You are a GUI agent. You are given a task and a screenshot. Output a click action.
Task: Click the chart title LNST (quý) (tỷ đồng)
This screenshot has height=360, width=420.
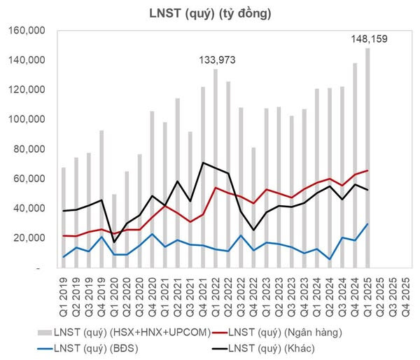pyautogui.click(x=209, y=13)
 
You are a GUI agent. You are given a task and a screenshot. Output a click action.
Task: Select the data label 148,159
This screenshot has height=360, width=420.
pyautogui.click(x=367, y=39)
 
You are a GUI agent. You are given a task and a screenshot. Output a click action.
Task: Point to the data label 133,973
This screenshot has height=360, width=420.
pyautogui.click(x=216, y=62)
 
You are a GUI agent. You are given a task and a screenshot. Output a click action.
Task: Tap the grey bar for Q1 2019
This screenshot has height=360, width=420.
pyautogui.click(x=64, y=217)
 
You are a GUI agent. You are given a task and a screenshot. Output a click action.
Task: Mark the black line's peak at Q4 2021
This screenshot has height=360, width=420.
pyautogui.click(x=203, y=162)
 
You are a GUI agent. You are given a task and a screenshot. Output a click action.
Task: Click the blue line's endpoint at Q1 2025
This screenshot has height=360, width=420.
pyautogui.click(x=367, y=224)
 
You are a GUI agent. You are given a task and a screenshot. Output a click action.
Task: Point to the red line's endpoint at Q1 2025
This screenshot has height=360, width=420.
pyautogui.click(x=367, y=170)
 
